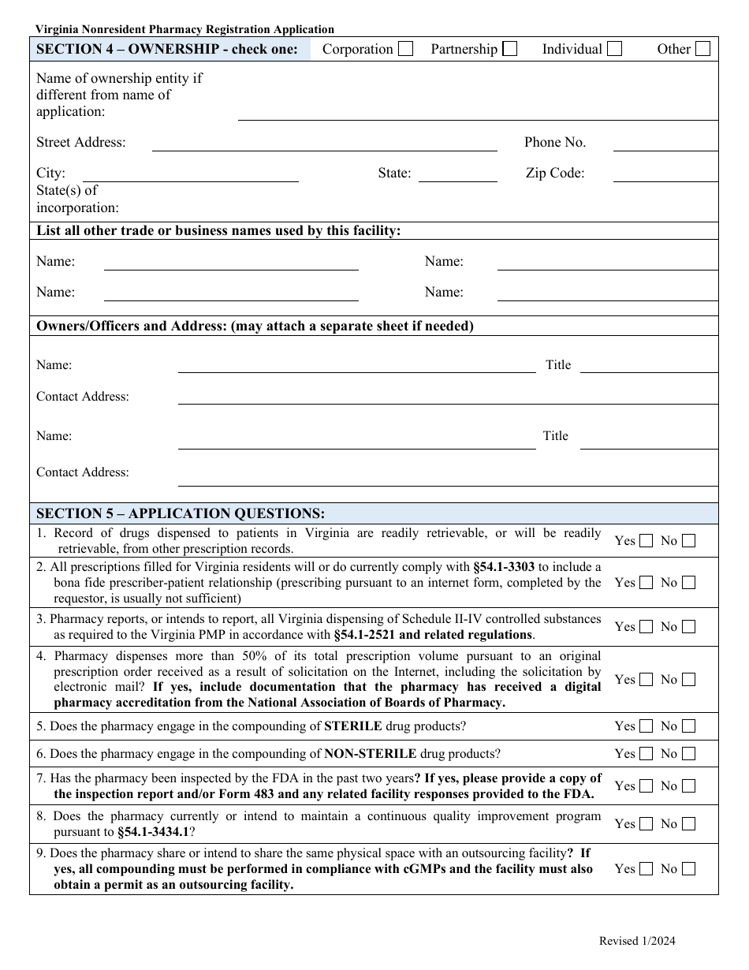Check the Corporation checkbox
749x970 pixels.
tap(405, 49)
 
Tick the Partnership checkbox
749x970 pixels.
tap(510, 49)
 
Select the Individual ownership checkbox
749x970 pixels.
tap(614, 49)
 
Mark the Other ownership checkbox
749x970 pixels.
tap(702, 49)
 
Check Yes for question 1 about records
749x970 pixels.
tap(646, 541)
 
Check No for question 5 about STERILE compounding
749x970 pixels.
tap(688, 726)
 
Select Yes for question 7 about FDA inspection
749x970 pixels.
tap(646, 786)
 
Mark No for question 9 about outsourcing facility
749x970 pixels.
tap(688, 869)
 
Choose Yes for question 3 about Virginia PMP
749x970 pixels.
tap(646, 627)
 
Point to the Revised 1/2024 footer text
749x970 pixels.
tap(637, 940)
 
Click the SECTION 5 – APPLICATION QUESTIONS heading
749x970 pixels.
tap(181, 513)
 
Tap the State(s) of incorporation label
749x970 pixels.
tap(77, 200)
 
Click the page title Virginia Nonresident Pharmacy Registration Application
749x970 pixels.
tap(184, 29)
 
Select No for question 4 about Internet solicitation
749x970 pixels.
tap(688, 680)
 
